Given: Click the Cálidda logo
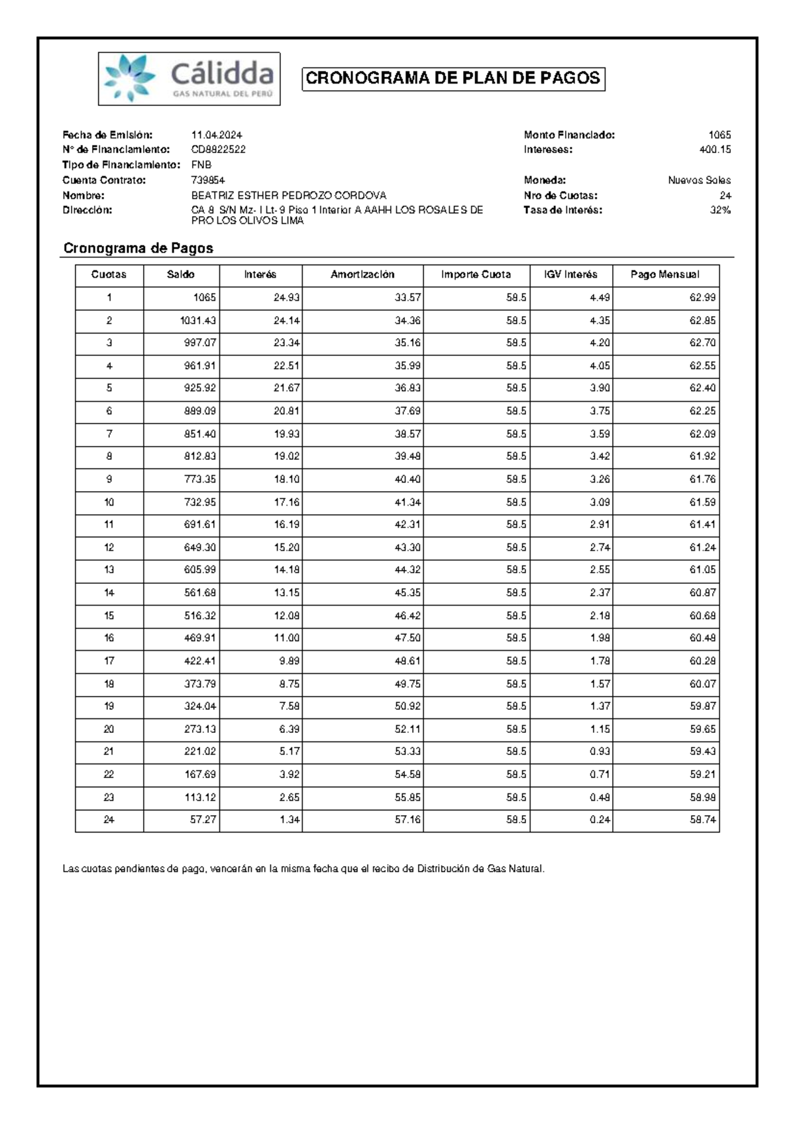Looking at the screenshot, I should (189, 79).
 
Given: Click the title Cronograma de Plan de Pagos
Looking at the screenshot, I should (453, 79).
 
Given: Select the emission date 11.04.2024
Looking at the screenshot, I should (217, 135).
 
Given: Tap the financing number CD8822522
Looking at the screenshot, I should (218, 150).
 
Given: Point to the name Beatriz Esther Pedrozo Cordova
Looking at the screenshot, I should (288, 196).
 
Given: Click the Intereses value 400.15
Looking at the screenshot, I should (715, 150).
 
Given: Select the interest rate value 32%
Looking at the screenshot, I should (720, 210).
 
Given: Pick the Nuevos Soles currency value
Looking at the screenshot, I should (699, 180).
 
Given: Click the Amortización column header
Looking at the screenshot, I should (362, 274).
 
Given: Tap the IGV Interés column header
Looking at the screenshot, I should (570, 274).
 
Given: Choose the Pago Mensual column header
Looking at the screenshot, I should (664, 274).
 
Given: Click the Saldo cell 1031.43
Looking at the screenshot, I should (198, 321).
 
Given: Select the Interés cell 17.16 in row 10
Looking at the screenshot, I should (287, 502).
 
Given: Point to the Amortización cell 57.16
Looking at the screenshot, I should (407, 820).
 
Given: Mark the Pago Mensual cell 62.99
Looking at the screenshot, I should (702, 298).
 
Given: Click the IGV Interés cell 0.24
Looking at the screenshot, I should (600, 820).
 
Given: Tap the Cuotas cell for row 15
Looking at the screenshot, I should (109, 616).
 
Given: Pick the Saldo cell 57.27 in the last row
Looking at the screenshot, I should (203, 820).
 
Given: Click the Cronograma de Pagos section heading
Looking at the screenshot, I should (138, 249).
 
